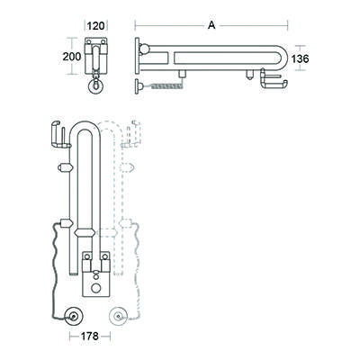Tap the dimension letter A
point(211,25)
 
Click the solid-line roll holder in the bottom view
point(59,135)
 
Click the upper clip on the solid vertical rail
point(65,167)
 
